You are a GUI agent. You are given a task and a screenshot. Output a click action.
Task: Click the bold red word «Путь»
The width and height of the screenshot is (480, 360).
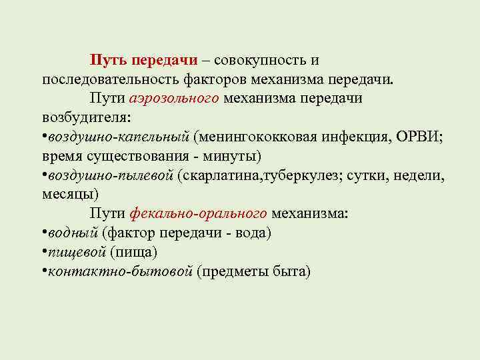[109, 60]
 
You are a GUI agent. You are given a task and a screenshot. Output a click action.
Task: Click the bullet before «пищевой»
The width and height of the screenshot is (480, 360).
[43, 253]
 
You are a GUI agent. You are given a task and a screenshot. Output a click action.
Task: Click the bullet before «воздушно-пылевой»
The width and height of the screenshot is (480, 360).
[43, 175]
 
